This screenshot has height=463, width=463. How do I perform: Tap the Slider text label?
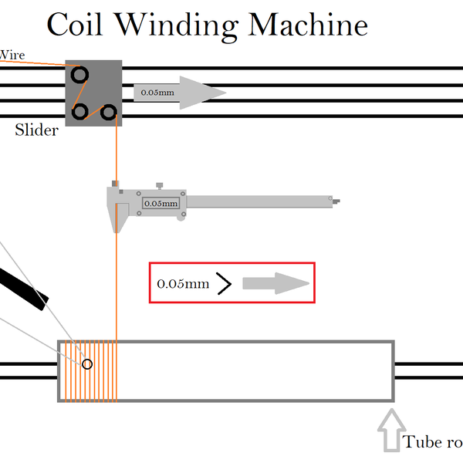(36, 130)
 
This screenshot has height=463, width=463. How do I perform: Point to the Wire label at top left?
(12, 55)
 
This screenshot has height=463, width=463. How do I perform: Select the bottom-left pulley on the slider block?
(79, 113)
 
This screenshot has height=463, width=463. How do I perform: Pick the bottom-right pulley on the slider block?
(109, 113)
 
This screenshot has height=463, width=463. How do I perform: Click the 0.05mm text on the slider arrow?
(157, 93)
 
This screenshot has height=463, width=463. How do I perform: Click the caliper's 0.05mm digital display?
(161, 204)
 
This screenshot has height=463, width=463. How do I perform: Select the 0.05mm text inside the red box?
(183, 284)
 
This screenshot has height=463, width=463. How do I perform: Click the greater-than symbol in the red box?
(224, 284)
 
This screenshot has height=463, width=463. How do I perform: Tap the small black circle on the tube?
(87, 364)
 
